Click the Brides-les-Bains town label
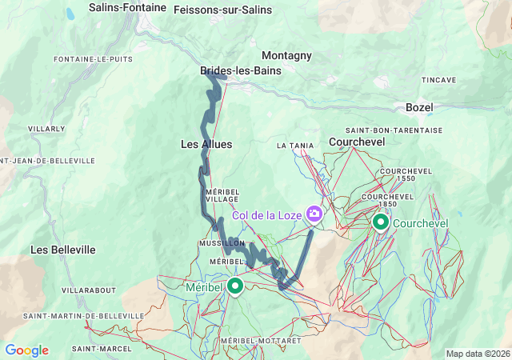pos(240,70)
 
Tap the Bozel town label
pos(420,106)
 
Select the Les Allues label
pos(206,144)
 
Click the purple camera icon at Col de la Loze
pos(314,214)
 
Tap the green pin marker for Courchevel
pos(381,220)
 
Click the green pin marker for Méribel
pos(235,285)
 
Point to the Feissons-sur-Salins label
pos(222,10)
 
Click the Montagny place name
pos(286,55)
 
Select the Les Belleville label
pos(63,250)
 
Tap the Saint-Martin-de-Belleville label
pos(83,316)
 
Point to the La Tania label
pos(292,146)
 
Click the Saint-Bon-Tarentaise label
pos(382,130)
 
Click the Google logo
pos(26,350)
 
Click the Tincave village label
pos(439,80)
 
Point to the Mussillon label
pos(222,242)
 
